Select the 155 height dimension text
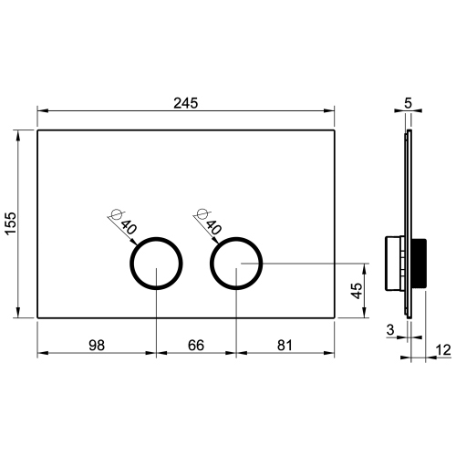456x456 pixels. click(10, 223)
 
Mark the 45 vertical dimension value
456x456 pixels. click(357, 292)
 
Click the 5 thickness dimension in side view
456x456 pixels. click(408, 102)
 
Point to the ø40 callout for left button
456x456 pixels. click(124, 223)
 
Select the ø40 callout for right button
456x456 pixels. click(206, 223)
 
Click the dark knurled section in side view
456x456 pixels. click(420, 263)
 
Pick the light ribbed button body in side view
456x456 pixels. click(394, 263)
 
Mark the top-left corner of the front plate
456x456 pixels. click(37, 130)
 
